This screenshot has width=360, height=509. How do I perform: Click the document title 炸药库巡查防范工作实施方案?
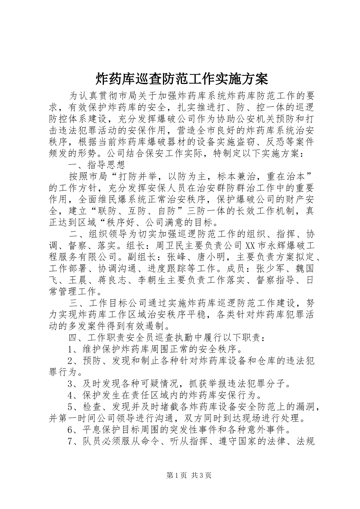coord(180,79)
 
